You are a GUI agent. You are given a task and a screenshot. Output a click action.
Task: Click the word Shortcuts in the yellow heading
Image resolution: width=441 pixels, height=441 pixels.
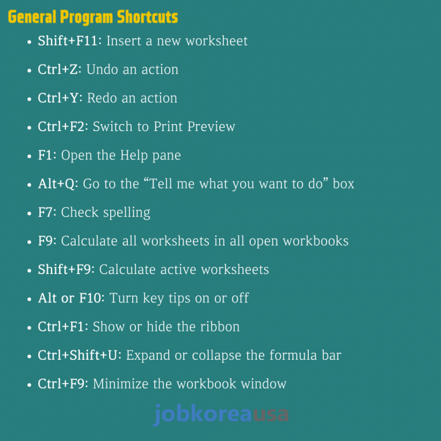pos(147,17)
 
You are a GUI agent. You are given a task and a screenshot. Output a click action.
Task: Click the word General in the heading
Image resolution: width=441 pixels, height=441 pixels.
pos(32,17)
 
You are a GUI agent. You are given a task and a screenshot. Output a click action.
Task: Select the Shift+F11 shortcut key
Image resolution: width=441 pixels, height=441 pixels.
pos(67,41)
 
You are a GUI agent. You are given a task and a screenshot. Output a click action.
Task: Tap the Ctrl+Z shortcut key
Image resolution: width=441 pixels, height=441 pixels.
pos(58,69)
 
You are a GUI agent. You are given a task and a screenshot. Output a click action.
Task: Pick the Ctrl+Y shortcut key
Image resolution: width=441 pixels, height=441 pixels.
pos(58,98)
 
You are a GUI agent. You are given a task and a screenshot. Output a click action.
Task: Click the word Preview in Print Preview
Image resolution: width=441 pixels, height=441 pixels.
pos(211,127)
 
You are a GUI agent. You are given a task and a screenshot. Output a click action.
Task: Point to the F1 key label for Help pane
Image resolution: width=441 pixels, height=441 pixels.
pos(45,155)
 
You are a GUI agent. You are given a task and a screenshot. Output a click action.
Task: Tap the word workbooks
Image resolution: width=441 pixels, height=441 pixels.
pos(316,241)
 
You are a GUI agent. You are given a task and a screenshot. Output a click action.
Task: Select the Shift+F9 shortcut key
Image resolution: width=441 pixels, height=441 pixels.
pos(64,270)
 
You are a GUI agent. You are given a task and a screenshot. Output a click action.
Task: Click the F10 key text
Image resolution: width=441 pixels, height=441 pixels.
pos(90,298)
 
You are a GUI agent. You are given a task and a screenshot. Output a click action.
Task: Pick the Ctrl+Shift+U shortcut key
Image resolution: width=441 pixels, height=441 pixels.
pos(77,355)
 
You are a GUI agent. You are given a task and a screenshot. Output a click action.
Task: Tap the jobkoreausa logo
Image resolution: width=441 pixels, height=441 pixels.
pos(221,415)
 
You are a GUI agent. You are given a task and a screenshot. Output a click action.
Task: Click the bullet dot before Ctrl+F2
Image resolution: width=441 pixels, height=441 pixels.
pos(29,128)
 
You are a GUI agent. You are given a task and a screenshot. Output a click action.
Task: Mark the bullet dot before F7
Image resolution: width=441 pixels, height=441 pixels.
pos(29,214)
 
